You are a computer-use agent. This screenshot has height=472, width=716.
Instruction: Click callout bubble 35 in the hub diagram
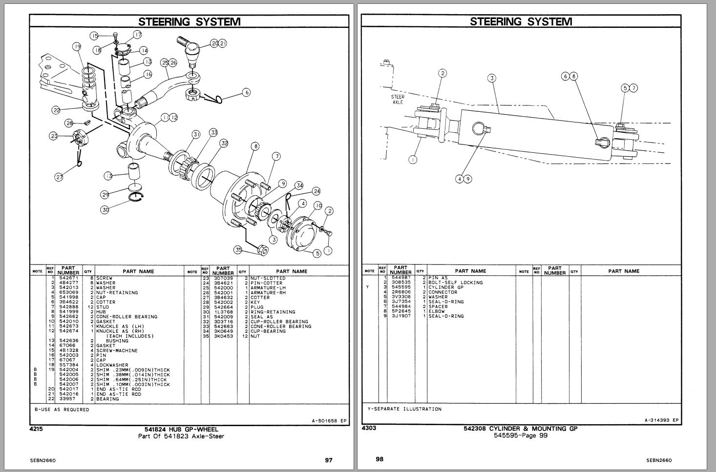tap(238, 250)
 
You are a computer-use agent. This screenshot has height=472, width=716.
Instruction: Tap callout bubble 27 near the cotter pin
tap(59, 177)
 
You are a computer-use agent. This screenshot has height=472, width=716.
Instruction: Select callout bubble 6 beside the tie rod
tap(247, 92)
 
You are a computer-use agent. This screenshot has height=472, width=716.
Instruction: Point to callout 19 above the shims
tap(77, 47)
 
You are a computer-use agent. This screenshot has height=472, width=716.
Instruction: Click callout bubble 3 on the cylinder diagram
tap(492, 78)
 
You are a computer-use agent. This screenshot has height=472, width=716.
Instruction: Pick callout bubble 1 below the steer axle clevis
tap(413, 159)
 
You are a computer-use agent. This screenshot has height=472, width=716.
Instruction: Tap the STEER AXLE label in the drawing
tap(398, 100)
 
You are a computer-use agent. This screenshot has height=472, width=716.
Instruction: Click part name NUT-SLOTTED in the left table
tap(268, 278)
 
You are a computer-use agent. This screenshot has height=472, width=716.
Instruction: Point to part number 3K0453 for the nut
tap(223, 336)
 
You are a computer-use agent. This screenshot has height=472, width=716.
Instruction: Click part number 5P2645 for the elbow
tap(401, 311)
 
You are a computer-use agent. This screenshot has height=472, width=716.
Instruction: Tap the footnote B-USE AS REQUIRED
tap(62, 410)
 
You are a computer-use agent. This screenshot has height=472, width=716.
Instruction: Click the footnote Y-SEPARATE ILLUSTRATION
tap(404, 409)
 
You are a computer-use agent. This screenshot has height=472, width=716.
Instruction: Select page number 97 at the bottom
tap(329, 460)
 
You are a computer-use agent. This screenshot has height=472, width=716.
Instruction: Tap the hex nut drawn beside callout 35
tap(262, 250)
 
